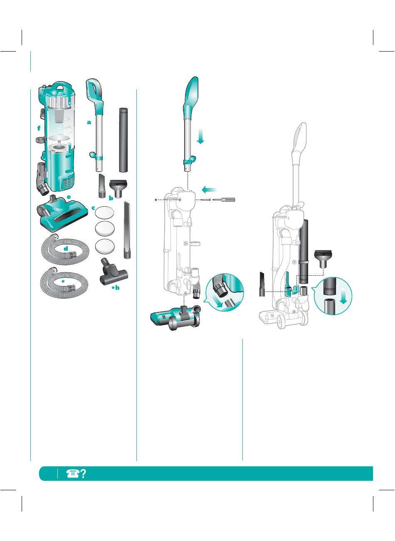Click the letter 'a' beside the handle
[89, 122]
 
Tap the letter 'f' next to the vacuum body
[39, 128]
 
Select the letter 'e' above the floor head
[69, 197]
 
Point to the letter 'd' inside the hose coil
[66, 248]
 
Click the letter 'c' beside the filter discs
[93, 208]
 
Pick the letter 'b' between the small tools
[111, 198]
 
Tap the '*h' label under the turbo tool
[116, 288]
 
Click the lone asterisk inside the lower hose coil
[63, 282]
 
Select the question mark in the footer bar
[83, 474]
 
